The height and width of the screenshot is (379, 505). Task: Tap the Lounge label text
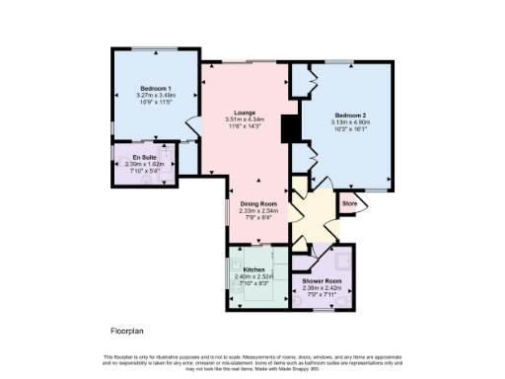click(x=245, y=113)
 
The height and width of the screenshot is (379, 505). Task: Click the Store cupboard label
click(x=348, y=204)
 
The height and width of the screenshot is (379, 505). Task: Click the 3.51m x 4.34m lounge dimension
click(x=245, y=119)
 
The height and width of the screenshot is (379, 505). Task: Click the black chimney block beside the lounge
click(x=289, y=129)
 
